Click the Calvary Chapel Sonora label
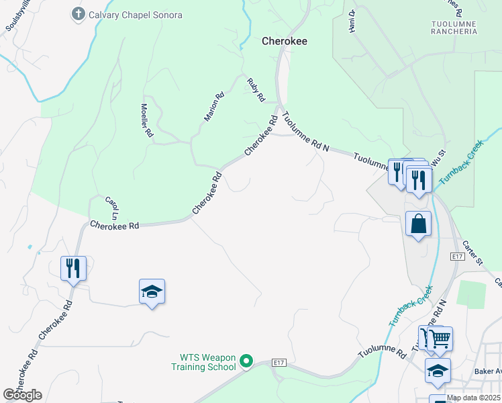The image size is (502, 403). tap(135, 15)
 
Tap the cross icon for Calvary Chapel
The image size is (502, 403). tap(79, 14)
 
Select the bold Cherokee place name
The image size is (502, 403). tap(284, 41)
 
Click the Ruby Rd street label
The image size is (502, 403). tap(256, 90)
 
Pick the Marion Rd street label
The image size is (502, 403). tap(213, 107)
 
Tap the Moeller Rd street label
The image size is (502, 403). tap(146, 120)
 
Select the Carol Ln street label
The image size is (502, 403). tap(112, 208)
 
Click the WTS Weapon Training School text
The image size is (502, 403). tap(208, 362)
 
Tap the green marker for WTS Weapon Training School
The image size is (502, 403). tap(246, 362)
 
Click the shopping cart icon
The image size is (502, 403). tap(440, 339)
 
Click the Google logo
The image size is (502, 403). tap(22, 395)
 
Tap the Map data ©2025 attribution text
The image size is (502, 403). tap(473, 398)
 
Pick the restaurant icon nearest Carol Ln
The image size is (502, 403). tap(73, 268)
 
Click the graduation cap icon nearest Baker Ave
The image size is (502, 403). tap(437, 370)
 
